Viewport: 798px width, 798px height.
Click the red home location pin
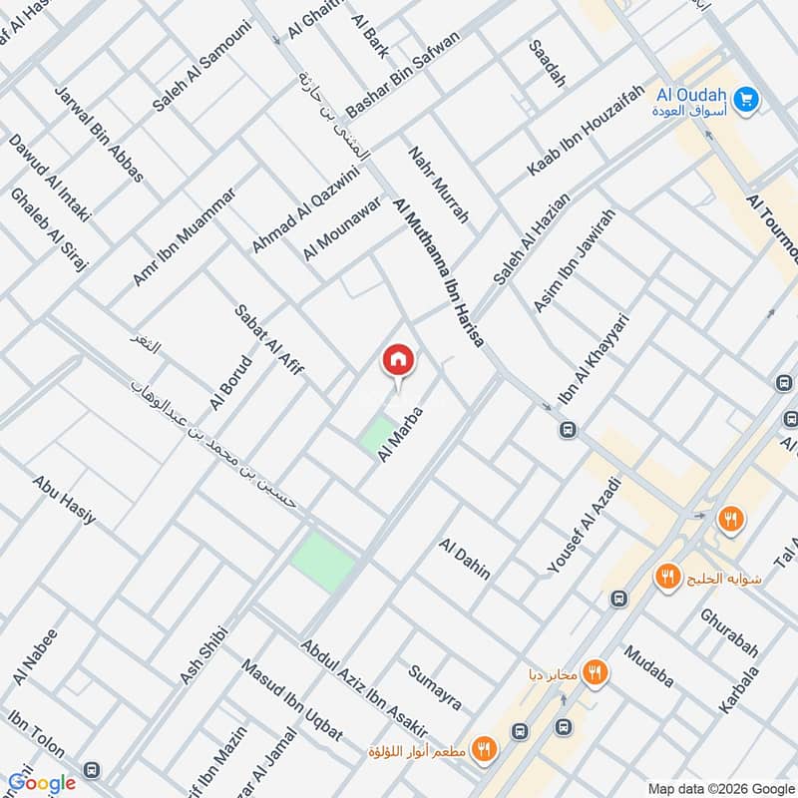[397, 360]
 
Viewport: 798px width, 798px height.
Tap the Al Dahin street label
[464, 560]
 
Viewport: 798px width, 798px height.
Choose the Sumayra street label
[435, 685]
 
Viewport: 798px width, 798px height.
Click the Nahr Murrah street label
[438, 187]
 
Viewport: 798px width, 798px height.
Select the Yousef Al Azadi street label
[585, 526]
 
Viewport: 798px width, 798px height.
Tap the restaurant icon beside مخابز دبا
[596, 672]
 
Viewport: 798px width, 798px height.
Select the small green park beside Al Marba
[377, 435]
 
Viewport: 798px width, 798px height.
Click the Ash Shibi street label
[204, 654]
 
